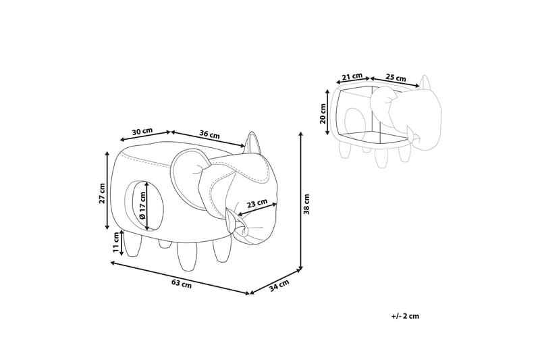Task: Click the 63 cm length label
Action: click(x=182, y=284)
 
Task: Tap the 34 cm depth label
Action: click(x=279, y=285)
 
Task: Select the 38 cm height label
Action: click(x=306, y=204)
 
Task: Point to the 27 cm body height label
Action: click(x=103, y=193)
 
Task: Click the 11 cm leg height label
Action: click(x=116, y=242)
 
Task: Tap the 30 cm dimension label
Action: click(x=142, y=131)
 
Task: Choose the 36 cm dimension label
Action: click(x=209, y=134)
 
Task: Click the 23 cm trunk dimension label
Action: click(x=257, y=203)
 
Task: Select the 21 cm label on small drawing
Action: click(x=352, y=76)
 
